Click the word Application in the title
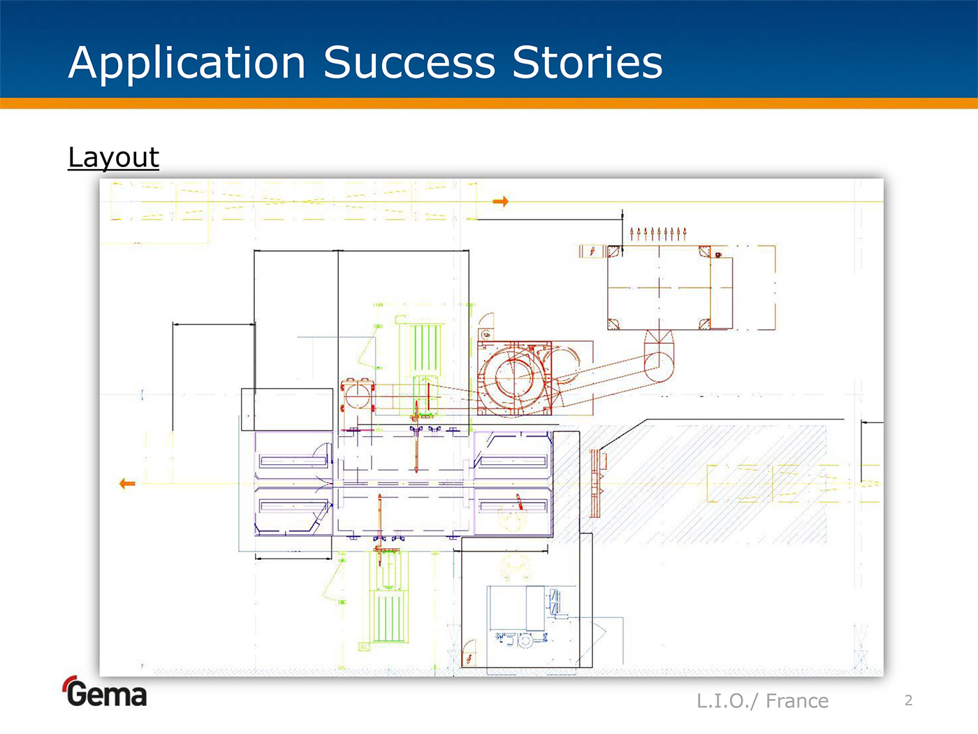pyautogui.click(x=187, y=63)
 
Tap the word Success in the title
pyautogui.click(x=409, y=63)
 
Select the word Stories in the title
pyautogui.click(x=587, y=63)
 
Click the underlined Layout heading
pyautogui.click(x=113, y=157)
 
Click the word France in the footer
pyautogui.click(x=797, y=700)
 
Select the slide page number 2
pyautogui.click(x=908, y=700)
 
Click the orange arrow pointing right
pyautogui.click(x=500, y=201)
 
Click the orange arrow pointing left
pyautogui.click(x=127, y=483)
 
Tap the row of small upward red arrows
pyautogui.click(x=658, y=233)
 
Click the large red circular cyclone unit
pyautogui.click(x=514, y=377)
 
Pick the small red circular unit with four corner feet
pyautogui.click(x=357, y=396)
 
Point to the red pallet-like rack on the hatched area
pyautogui.click(x=596, y=482)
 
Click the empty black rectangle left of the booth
pyautogui.click(x=286, y=410)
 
